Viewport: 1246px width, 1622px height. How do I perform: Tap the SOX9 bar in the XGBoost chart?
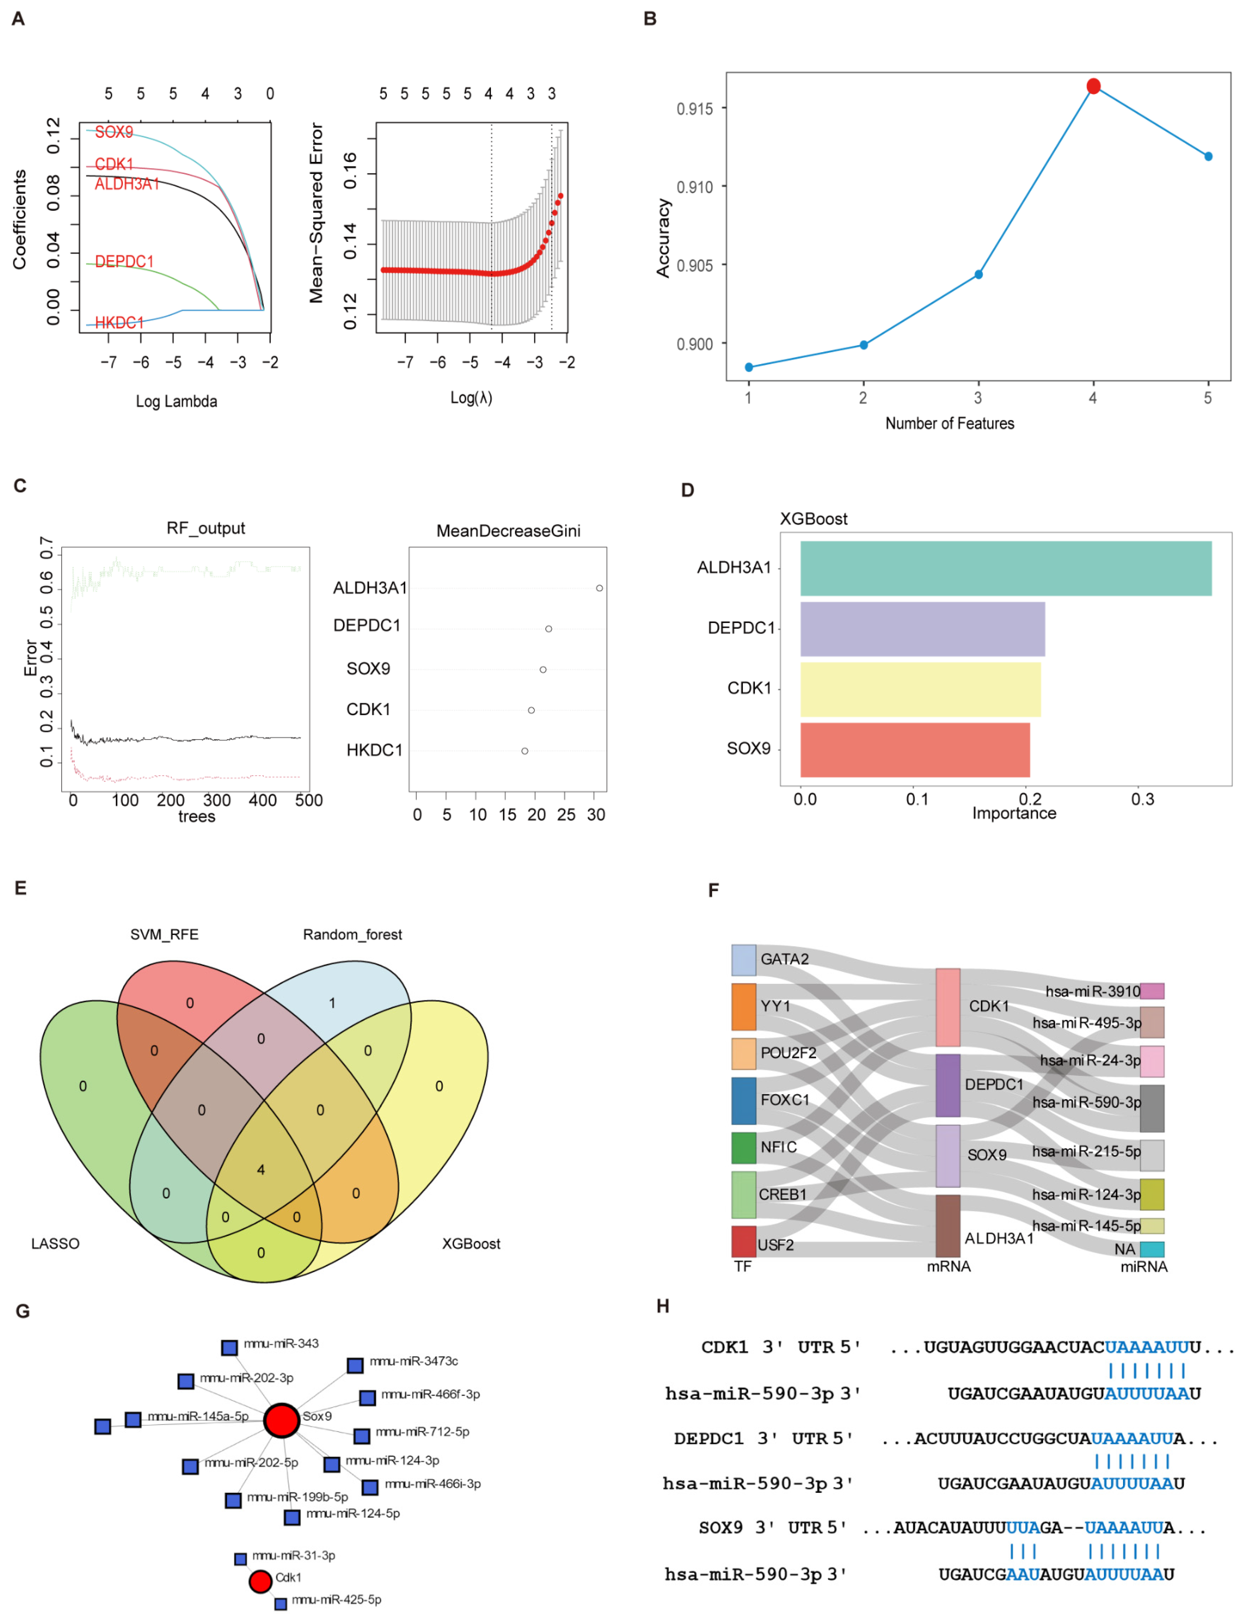coord(914,749)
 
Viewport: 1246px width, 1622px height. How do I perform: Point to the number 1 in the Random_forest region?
coord(332,1003)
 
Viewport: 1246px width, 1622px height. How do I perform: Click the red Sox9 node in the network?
coord(282,1420)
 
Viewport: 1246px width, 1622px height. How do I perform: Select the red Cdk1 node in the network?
coord(260,1581)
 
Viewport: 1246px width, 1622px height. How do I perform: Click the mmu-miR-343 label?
coord(281,1343)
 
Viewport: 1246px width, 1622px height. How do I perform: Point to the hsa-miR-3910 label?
coord(1092,991)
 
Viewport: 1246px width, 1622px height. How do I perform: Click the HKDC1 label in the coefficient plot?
coord(119,322)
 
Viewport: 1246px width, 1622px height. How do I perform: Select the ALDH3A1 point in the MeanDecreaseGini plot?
coord(599,588)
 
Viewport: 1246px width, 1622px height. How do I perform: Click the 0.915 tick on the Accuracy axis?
coord(694,109)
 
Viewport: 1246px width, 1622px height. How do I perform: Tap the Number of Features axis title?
coord(949,423)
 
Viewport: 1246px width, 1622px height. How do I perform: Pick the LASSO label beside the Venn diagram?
coord(55,1243)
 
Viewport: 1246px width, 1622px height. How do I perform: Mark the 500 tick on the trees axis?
coord(308,801)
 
